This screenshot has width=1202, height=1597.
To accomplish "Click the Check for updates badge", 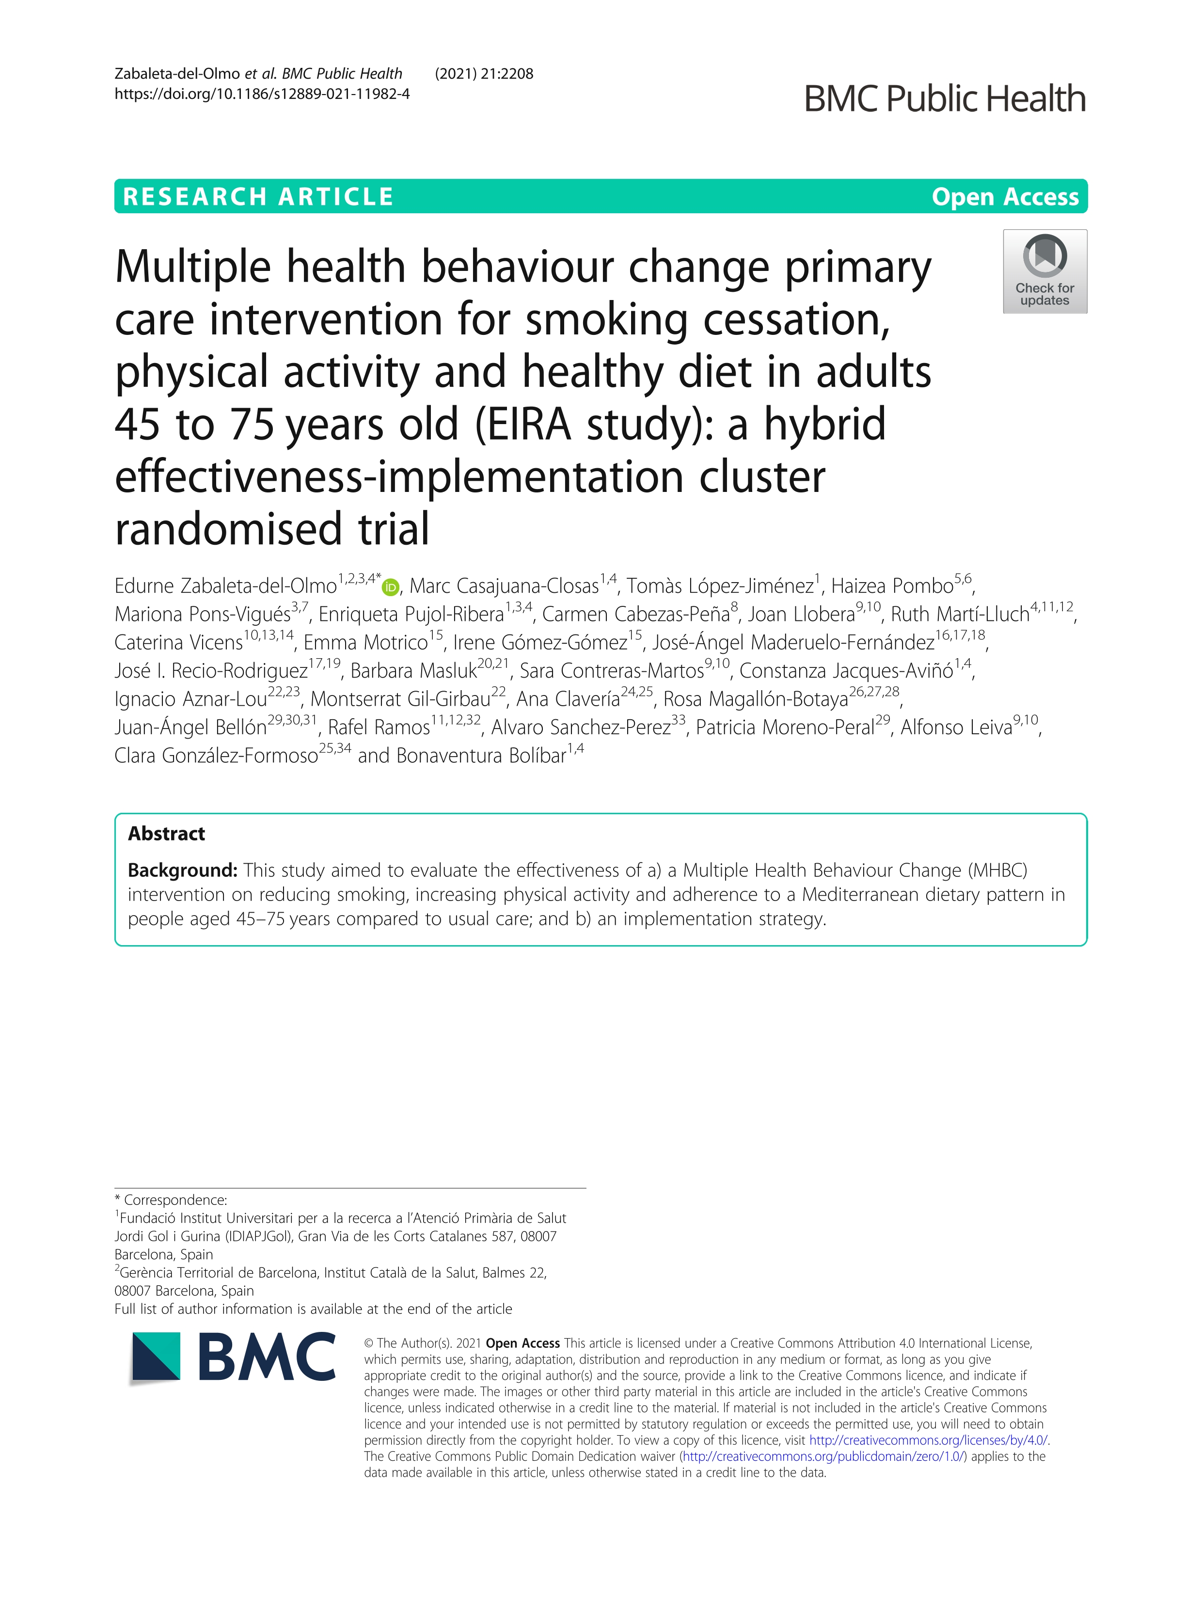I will pyautogui.click(x=1044, y=271).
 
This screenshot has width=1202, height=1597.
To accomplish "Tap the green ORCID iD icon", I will pyautogui.click(x=391, y=587).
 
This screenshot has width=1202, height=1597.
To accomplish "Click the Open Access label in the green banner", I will pyautogui.click(x=1004, y=196).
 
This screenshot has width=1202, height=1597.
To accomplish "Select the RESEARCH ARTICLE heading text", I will pyautogui.click(x=258, y=196).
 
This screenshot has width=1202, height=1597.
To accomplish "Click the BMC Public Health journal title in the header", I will pyautogui.click(x=944, y=99).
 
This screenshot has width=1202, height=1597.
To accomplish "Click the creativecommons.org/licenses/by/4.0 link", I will pyautogui.click(x=928, y=1439).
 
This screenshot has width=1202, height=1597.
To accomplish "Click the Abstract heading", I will pyautogui.click(x=167, y=834).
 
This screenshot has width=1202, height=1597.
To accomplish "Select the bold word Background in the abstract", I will pyautogui.click(x=182, y=870).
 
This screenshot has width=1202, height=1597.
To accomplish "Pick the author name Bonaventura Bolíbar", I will pyautogui.click(x=481, y=756).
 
